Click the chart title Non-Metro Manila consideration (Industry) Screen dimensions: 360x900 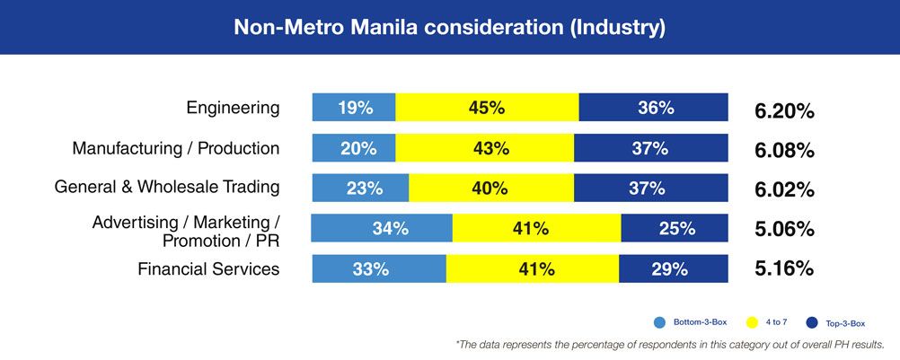tap(449, 27)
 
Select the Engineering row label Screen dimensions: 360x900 tap(233, 108)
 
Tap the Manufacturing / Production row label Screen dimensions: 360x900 tap(176, 148)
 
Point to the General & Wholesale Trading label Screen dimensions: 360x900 tap(167, 188)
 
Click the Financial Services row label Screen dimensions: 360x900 tap(208, 268)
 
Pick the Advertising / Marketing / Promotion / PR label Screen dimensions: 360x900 tap(187, 231)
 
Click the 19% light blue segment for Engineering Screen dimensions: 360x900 tap(354, 108)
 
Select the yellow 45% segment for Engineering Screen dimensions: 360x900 tap(487, 108)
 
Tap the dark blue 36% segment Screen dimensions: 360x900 tap(654, 108)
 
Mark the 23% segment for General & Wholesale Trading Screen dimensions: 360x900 tap(361, 189)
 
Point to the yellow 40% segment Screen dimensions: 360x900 tap(490, 189)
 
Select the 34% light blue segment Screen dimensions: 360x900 tap(383, 229)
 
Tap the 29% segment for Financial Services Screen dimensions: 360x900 tap(674, 268)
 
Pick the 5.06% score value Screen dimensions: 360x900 tap(784, 229)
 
